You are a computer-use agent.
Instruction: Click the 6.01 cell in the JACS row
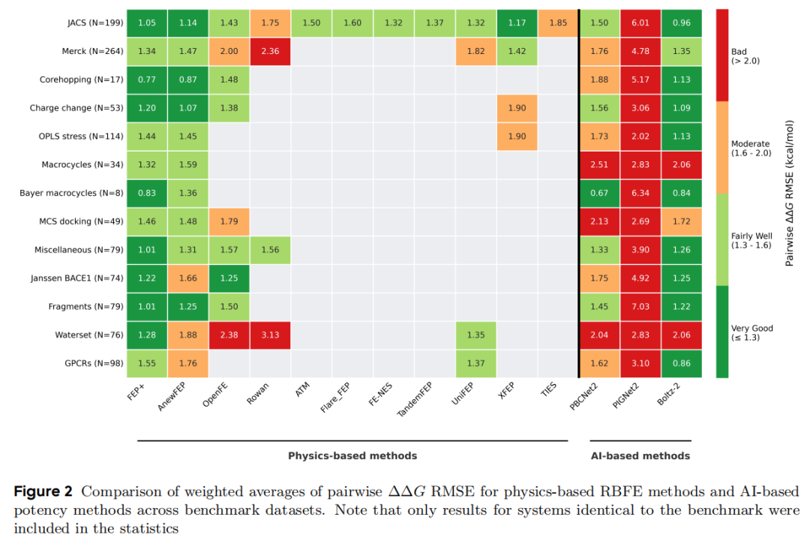click(x=640, y=23)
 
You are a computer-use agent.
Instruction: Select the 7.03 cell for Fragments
click(x=640, y=306)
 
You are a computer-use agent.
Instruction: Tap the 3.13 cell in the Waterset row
click(x=270, y=335)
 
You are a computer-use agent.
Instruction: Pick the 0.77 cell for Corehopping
click(x=147, y=80)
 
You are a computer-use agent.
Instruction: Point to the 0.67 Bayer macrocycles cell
click(x=599, y=193)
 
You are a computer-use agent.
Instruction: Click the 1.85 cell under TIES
click(x=558, y=23)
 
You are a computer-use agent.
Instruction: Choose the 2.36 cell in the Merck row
click(x=270, y=51)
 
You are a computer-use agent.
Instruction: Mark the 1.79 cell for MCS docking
click(x=229, y=221)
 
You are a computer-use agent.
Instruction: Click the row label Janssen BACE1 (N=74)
click(x=77, y=278)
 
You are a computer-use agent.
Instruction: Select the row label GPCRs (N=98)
click(x=94, y=363)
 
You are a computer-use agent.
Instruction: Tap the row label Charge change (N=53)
click(x=76, y=108)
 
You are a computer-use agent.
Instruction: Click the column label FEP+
click(x=135, y=392)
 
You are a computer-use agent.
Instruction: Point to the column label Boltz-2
click(x=668, y=394)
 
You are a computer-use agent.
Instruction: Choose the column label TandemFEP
click(x=415, y=399)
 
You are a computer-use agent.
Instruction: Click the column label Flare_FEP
click(x=335, y=398)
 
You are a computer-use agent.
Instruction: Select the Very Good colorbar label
click(x=751, y=332)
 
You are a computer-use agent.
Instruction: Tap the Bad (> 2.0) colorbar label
click(x=745, y=56)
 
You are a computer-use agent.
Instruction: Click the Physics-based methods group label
click(x=352, y=455)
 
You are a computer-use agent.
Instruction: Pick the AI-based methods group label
click(x=640, y=455)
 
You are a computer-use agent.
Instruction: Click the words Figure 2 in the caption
click(x=43, y=491)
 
